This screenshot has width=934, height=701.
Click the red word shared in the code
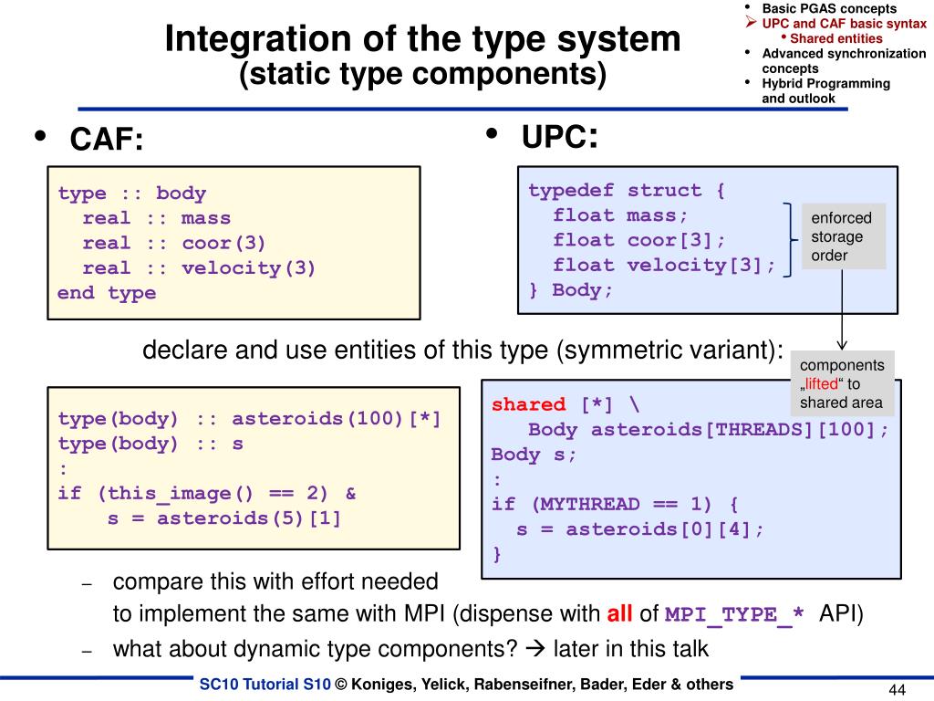pyautogui.click(x=528, y=404)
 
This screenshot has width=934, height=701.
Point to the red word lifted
pyautogui.click(x=820, y=384)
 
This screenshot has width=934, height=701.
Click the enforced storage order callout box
pyautogui.click(x=842, y=236)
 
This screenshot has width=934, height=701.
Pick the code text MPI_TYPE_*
pyautogui.click(x=735, y=614)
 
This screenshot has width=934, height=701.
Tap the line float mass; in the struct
pyautogui.click(x=620, y=215)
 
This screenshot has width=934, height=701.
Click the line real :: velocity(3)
pyautogui.click(x=199, y=268)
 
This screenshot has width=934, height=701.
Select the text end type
pyautogui.click(x=107, y=293)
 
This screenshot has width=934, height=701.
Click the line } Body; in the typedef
pyautogui.click(x=571, y=290)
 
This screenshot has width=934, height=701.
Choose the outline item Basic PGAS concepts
pyautogui.click(x=829, y=8)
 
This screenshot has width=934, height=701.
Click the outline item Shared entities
pyautogui.click(x=835, y=38)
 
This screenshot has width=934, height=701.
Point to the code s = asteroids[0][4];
pyautogui.click(x=640, y=528)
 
